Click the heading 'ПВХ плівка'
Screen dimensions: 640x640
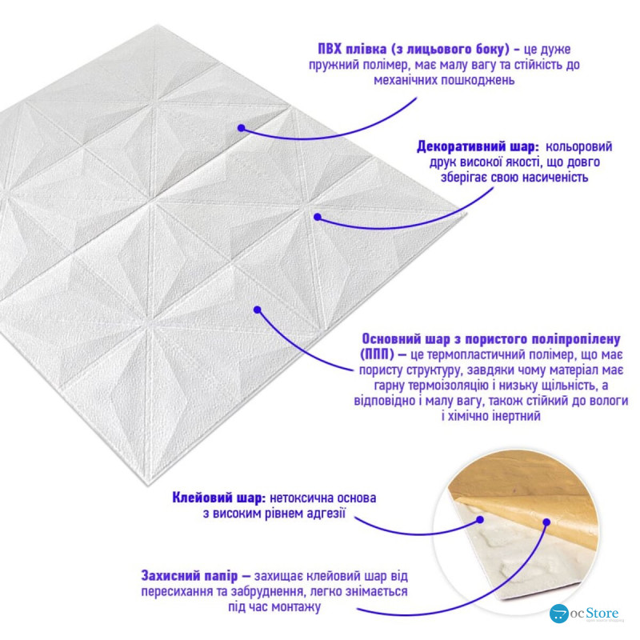click(x=352, y=50)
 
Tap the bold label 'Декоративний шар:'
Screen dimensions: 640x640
click(x=478, y=146)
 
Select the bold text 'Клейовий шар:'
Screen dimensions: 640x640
click(x=218, y=498)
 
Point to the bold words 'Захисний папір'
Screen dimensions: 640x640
click(x=190, y=575)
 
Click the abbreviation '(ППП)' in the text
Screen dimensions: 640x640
click(x=377, y=354)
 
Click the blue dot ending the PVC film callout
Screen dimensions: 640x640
click(x=242, y=128)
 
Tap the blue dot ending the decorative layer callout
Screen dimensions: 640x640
click(x=318, y=217)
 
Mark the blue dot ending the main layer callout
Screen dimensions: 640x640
click(x=257, y=310)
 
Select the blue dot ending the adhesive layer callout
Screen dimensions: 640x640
click(x=481, y=519)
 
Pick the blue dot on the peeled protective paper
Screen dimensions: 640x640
click(x=547, y=522)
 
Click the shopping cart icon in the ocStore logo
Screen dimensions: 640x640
click(x=558, y=614)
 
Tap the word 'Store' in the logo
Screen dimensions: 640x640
click(x=602, y=613)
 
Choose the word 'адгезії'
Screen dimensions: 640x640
click(x=325, y=514)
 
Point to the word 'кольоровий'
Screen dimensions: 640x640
click(x=578, y=146)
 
